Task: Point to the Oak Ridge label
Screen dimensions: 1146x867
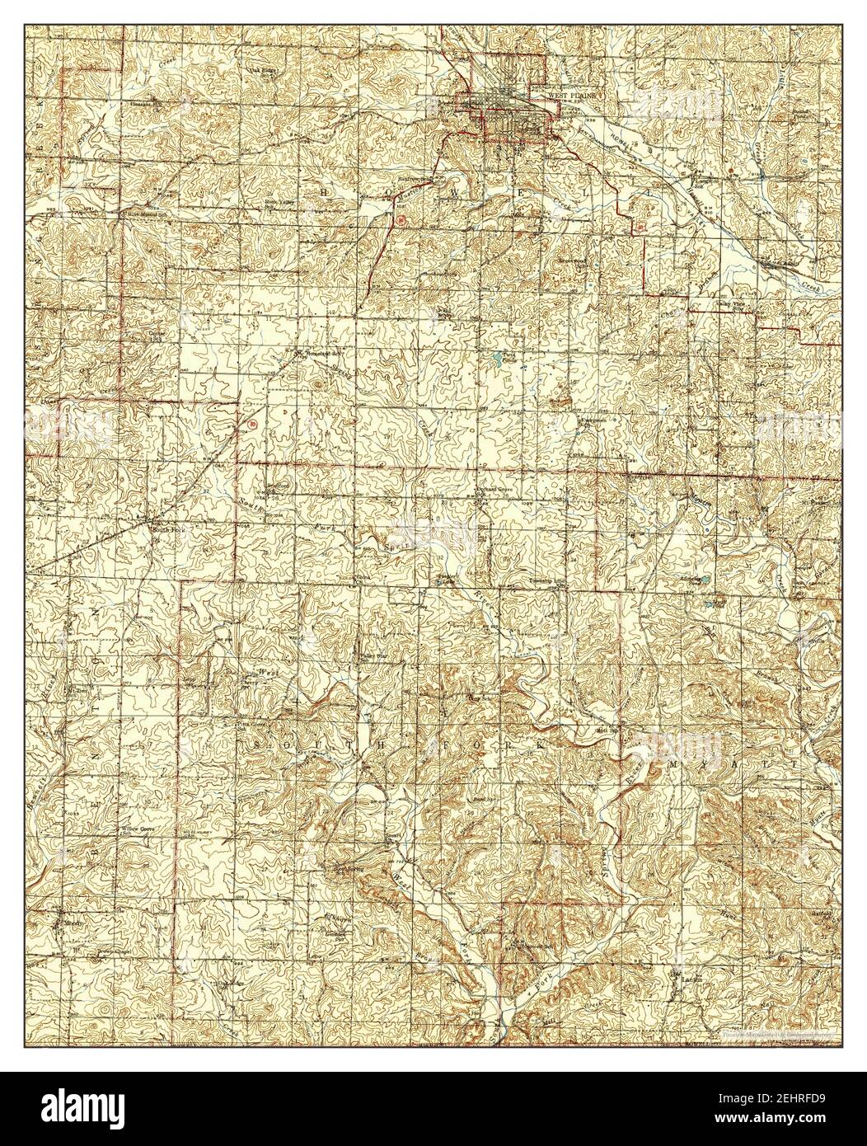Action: [264, 69]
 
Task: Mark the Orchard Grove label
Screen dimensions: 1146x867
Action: [494, 489]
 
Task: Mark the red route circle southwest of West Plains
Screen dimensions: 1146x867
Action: [401, 220]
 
